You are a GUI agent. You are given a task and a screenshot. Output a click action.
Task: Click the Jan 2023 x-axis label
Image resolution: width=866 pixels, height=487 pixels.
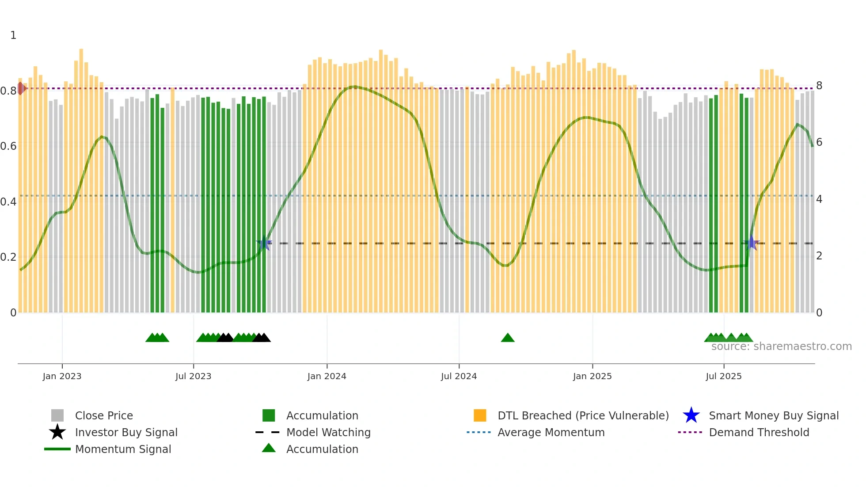pos(62,376)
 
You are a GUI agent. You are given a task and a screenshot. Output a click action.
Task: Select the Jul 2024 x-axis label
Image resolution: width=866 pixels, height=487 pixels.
pos(459,376)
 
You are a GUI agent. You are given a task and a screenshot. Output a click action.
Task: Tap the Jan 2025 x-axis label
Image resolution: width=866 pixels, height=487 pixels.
pos(592,376)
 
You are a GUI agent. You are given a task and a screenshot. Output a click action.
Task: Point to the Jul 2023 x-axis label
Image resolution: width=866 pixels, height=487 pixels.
pos(193,376)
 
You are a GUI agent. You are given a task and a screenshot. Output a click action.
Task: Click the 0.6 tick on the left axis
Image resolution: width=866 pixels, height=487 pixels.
pos(8,146)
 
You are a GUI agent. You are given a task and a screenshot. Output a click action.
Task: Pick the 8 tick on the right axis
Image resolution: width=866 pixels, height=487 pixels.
pos(819,86)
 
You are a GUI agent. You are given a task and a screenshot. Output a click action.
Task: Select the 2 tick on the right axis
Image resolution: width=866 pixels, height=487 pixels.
pos(819,256)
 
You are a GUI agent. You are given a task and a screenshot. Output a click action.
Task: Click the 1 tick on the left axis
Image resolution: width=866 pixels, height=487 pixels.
pos(13,35)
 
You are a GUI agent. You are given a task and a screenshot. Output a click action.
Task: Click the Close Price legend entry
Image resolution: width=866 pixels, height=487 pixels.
pos(104,415)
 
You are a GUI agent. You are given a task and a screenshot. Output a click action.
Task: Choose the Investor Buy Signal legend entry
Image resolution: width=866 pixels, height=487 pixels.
pos(126,432)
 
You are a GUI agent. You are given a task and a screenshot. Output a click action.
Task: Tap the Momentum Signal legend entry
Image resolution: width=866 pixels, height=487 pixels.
pos(123,449)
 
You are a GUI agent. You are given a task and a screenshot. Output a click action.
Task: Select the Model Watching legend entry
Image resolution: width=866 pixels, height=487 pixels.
pos(328,432)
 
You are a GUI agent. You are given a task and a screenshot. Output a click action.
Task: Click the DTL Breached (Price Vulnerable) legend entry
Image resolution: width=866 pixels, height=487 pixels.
pos(583,415)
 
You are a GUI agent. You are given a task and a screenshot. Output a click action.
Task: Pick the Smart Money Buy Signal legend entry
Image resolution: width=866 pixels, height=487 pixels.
pos(774,415)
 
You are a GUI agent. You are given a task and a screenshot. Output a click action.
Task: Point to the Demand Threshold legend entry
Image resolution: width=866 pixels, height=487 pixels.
pos(759,432)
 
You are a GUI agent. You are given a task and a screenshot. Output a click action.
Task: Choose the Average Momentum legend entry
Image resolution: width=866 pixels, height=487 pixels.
pos(551,432)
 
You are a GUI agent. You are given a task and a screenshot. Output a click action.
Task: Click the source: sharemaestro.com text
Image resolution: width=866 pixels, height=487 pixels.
pos(781,346)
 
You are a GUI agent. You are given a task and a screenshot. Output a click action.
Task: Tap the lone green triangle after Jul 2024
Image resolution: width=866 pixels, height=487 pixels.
pos(508,338)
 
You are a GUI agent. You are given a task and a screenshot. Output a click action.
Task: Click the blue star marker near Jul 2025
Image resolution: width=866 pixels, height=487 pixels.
pos(752,243)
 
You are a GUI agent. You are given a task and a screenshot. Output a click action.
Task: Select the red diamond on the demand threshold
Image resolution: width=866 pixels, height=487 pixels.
pos(21,88)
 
